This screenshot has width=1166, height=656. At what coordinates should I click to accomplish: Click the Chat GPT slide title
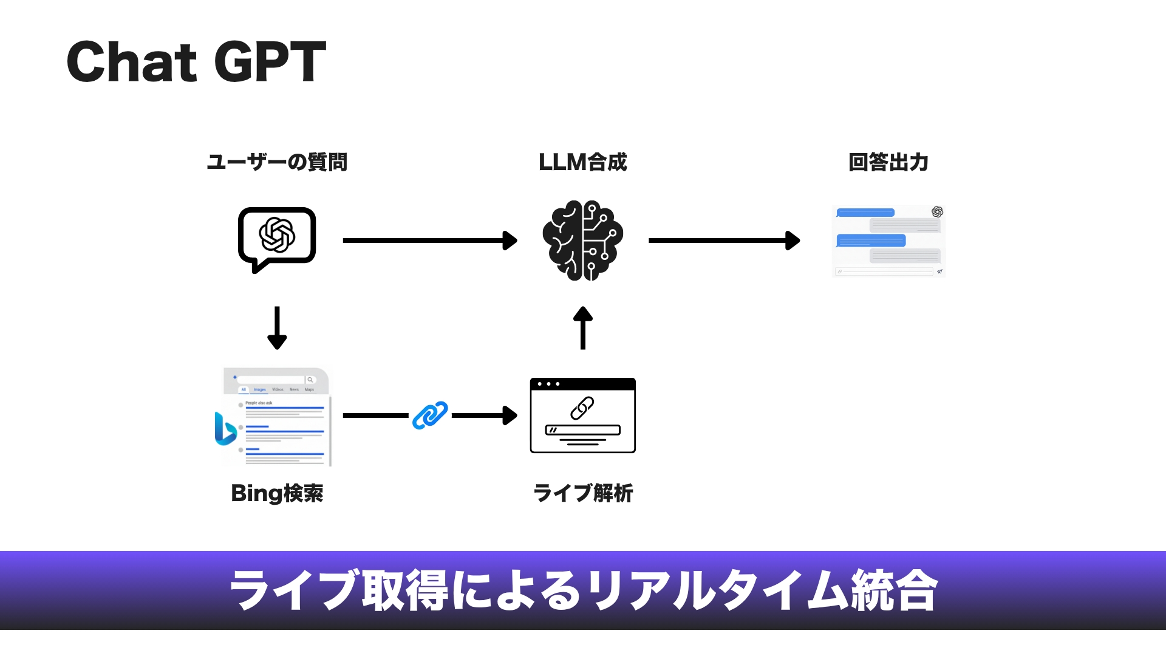click(196, 61)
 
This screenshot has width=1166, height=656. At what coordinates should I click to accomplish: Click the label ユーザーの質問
click(277, 162)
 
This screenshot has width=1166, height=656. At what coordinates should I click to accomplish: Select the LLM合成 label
click(582, 162)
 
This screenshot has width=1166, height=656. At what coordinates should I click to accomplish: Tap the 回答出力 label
click(888, 162)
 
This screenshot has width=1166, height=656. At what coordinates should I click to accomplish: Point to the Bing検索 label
click(277, 493)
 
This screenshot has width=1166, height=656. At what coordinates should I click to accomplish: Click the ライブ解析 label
click(583, 493)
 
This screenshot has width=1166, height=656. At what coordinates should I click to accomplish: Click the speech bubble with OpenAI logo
click(277, 237)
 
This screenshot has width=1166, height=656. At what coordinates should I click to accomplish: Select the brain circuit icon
click(583, 240)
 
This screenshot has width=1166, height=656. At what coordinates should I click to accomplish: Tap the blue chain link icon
click(430, 415)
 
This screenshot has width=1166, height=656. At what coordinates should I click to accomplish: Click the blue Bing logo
click(225, 428)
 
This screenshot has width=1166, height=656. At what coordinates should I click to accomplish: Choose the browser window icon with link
click(583, 415)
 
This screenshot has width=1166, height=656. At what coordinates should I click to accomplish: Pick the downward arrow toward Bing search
click(277, 328)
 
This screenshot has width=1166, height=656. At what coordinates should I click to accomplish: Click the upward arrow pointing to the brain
click(583, 328)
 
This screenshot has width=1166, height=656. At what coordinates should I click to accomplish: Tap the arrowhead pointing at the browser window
click(509, 415)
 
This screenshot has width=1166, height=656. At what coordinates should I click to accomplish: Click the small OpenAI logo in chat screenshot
click(937, 211)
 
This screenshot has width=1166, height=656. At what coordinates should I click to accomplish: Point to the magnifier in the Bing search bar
click(310, 380)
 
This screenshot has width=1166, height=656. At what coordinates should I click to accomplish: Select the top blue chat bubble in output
click(865, 213)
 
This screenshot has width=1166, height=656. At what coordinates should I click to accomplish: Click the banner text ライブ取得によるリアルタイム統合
click(583, 590)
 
